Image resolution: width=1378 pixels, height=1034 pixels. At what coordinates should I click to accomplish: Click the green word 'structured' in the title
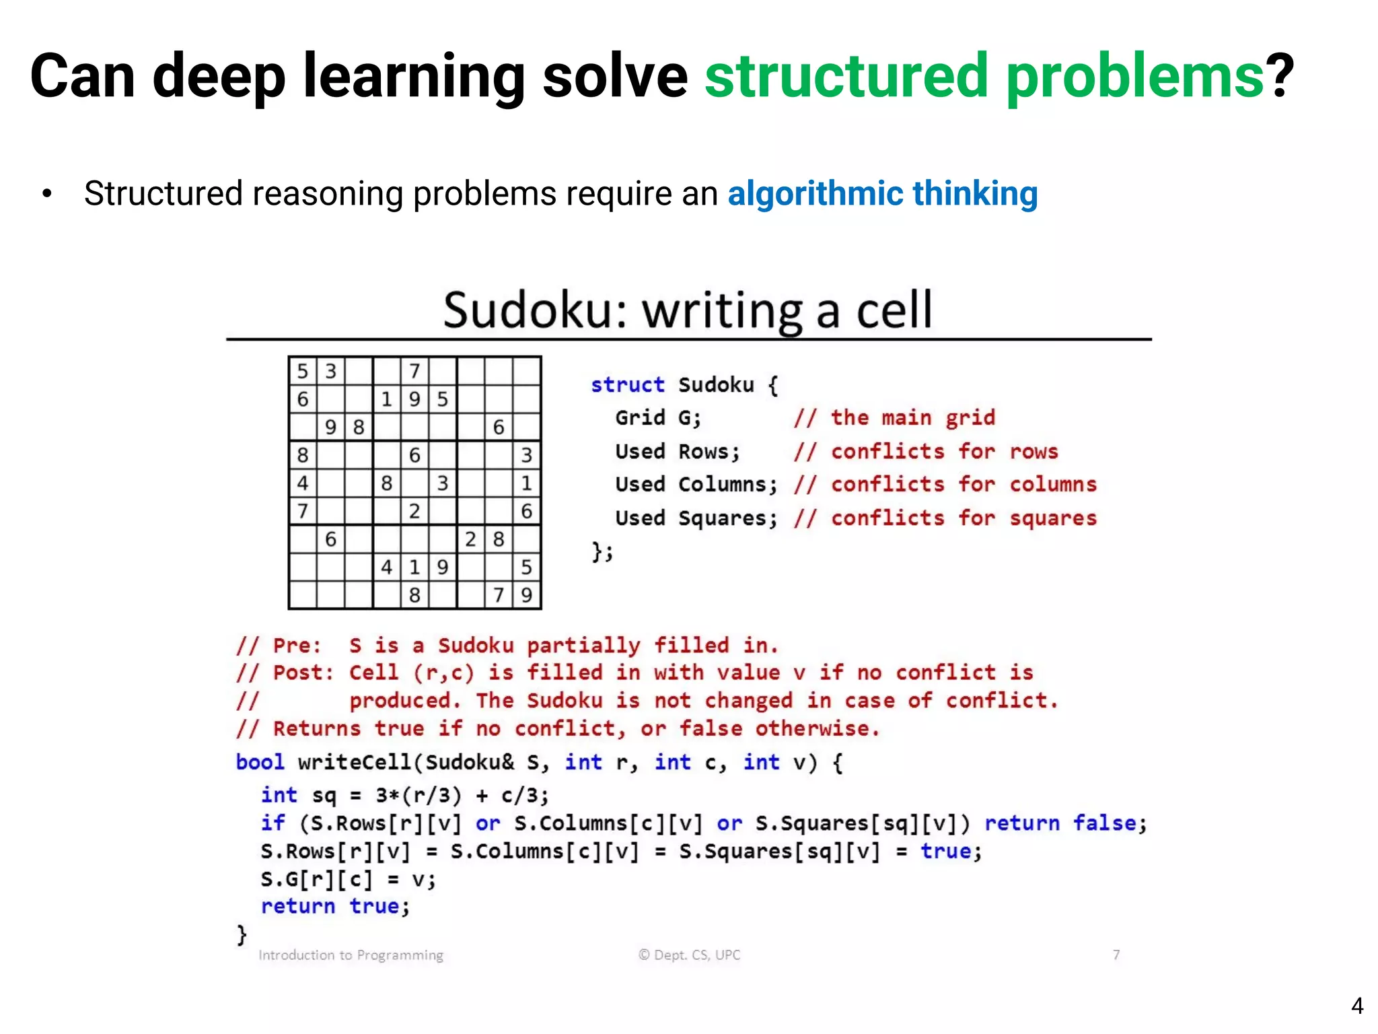(x=846, y=76)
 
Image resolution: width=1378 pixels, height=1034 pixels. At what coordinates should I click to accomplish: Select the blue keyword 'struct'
(x=627, y=385)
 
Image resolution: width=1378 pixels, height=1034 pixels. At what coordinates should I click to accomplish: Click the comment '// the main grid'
(x=894, y=418)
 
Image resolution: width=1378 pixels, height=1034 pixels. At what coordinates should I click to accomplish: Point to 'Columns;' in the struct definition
(x=727, y=485)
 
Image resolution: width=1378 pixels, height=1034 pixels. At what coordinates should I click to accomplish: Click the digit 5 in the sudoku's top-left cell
(x=303, y=371)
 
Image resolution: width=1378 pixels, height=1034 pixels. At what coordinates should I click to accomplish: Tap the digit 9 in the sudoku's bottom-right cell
(x=527, y=595)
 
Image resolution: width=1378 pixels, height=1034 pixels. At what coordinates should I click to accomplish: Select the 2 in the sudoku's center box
(x=414, y=511)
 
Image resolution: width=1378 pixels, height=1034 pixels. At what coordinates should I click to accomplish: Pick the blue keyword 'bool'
(x=260, y=762)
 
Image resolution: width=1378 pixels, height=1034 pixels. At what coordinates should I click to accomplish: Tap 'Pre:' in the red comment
(x=297, y=646)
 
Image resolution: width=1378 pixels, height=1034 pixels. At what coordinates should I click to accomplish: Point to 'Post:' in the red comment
(x=303, y=673)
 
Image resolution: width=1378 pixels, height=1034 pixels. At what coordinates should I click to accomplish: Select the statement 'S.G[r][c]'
(x=316, y=879)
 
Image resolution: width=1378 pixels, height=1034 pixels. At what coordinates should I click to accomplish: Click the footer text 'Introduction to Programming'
(x=351, y=955)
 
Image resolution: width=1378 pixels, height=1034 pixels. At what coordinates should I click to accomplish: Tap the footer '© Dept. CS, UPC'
(x=689, y=955)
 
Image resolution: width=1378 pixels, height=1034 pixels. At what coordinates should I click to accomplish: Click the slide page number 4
(x=1356, y=1006)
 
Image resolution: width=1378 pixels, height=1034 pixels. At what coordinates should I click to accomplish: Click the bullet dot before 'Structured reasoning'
(x=46, y=195)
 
